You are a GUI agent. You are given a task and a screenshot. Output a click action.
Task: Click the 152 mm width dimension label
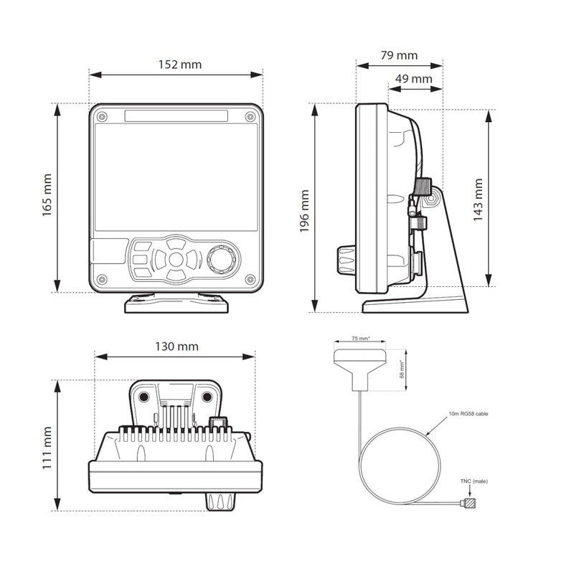180,65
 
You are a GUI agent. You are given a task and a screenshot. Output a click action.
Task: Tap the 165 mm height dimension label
47,195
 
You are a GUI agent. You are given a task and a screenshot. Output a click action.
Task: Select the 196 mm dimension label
304,211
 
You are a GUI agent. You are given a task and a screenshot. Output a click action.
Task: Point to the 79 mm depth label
399,55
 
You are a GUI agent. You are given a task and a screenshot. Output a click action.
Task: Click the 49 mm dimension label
414,79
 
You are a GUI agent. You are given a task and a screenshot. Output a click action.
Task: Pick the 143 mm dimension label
478,200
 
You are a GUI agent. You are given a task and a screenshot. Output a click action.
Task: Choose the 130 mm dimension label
177,347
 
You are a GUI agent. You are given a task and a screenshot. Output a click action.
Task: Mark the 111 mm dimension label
47,448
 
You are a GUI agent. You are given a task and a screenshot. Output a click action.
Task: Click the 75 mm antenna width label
361,339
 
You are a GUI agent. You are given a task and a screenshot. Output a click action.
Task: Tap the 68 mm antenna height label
402,370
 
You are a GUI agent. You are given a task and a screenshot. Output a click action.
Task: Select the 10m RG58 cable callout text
469,414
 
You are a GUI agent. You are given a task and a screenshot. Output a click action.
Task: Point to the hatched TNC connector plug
470,503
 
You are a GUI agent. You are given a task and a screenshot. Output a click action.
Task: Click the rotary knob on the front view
222,258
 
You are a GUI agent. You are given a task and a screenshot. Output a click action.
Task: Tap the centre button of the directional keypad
176,259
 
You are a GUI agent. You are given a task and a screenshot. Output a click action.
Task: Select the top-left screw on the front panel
102,117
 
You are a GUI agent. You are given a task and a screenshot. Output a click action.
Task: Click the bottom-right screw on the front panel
250,280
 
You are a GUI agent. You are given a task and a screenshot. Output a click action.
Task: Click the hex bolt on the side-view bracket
431,199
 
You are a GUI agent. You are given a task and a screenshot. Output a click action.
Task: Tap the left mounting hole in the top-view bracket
143,397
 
